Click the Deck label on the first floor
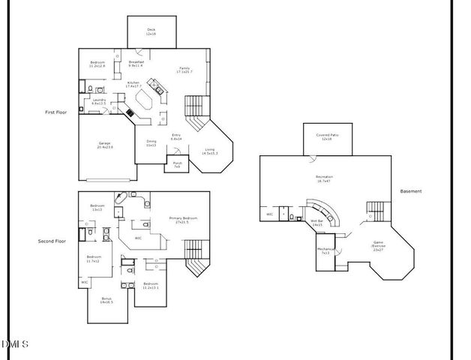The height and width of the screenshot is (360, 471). [x=151, y=32]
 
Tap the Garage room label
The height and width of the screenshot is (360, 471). [x=106, y=145]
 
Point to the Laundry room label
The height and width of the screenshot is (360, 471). [x=99, y=100]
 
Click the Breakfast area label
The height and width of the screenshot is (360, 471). [x=136, y=63]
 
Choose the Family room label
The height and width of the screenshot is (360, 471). [x=184, y=69]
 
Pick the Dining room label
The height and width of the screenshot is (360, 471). [x=151, y=143]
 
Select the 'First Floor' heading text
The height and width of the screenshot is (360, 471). [x=56, y=112]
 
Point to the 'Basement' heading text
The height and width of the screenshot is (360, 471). [x=411, y=191]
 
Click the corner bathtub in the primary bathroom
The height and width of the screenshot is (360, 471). [x=121, y=199]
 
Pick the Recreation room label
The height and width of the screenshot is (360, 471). [x=324, y=178]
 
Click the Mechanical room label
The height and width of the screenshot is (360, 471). [x=325, y=250]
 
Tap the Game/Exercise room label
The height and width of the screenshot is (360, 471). [x=379, y=246]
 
